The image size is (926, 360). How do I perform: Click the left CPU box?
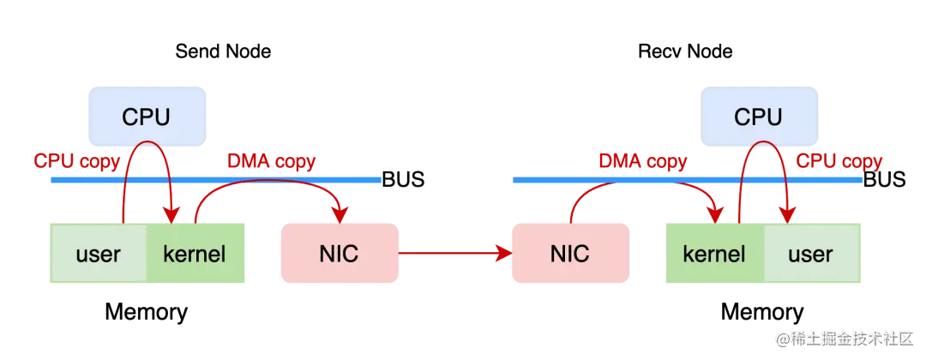click(x=146, y=116)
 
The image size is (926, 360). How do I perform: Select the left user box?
click(x=98, y=254)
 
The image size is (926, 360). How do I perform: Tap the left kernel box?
click(x=195, y=254)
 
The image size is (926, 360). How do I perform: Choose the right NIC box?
click(x=569, y=254)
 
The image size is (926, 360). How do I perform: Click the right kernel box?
click(x=714, y=254)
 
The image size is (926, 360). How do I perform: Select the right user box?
click(x=810, y=254)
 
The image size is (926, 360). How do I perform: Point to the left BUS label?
click(x=402, y=180)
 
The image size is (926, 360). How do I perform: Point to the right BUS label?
click(x=884, y=180)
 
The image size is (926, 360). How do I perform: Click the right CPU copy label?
click(x=839, y=160)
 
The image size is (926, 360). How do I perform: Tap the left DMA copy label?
click(x=271, y=160)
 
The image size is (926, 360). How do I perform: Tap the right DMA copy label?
click(x=642, y=160)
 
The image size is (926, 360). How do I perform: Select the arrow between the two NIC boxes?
click(x=454, y=254)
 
